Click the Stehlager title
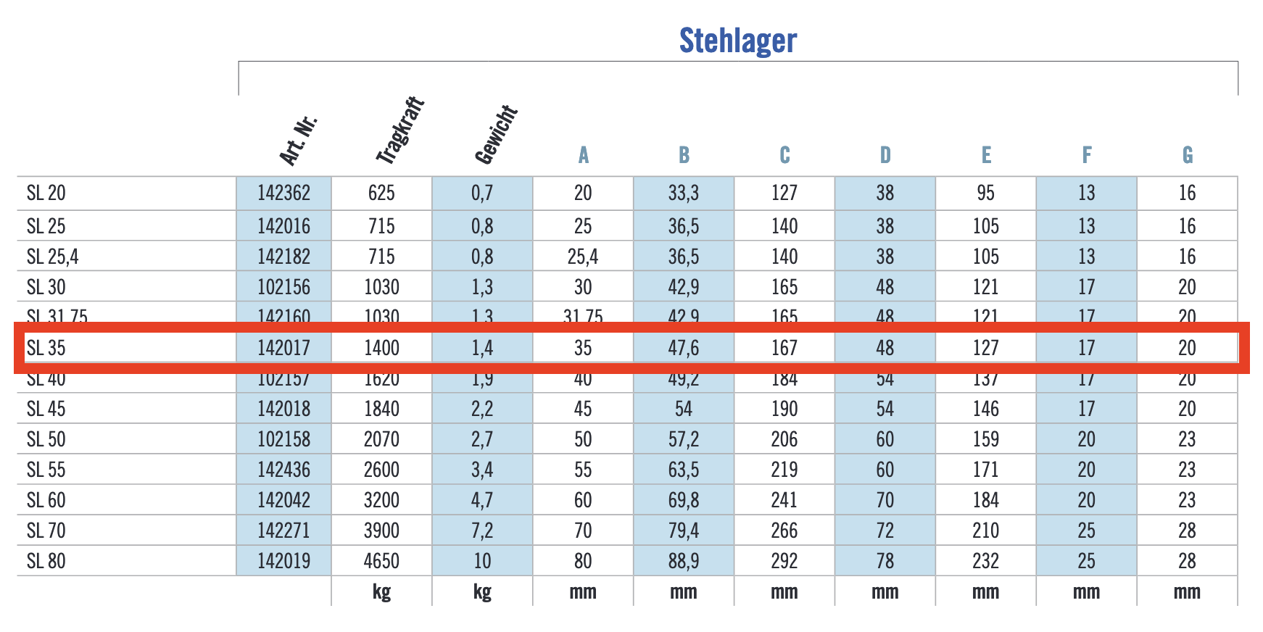click(x=737, y=41)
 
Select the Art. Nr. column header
click(x=298, y=140)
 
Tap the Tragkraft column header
click(x=399, y=130)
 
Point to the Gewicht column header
click(x=496, y=134)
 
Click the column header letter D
click(x=885, y=155)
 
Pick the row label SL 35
click(x=46, y=348)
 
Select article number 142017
click(x=283, y=348)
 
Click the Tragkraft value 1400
click(x=381, y=348)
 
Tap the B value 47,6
click(x=683, y=348)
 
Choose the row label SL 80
click(x=46, y=561)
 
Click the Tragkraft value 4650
click(x=381, y=561)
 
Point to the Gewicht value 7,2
click(x=482, y=531)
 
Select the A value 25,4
click(x=583, y=257)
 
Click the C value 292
click(x=784, y=561)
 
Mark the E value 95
click(x=985, y=193)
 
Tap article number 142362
click(x=283, y=193)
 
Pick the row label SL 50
click(x=46, y=439)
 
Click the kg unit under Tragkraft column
click(x=381, y=592)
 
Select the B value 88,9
click(x=683, y=561)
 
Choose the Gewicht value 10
click(x=482, y=561)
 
